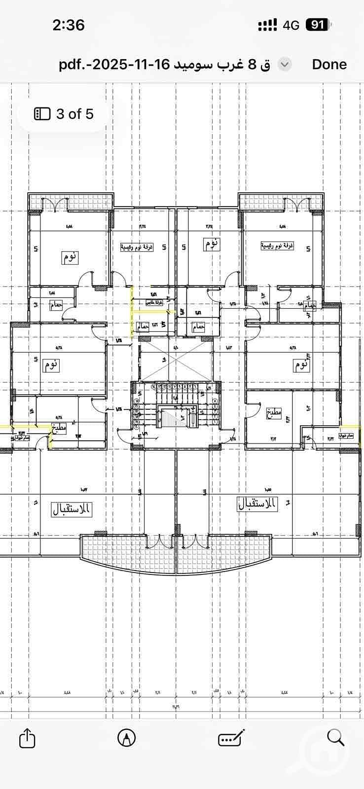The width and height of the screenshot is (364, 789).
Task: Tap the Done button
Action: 329,64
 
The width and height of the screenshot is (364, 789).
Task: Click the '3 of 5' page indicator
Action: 64,114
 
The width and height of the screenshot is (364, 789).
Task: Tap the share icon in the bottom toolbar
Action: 27,738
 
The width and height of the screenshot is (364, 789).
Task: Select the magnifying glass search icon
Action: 335,738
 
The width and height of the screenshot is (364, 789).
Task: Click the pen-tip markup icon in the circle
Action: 127,738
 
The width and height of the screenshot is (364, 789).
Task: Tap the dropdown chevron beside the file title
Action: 285,64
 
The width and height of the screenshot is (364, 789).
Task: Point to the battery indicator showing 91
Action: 318,25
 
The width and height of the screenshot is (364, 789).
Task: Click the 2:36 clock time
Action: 69,25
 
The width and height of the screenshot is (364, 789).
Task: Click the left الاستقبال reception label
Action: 72,509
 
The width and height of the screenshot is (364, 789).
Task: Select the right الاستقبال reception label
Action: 258,504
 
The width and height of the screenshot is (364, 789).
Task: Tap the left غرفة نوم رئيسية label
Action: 137,247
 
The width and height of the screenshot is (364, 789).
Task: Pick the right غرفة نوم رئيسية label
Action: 277,245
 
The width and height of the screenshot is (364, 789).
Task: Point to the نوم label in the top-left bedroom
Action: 70,257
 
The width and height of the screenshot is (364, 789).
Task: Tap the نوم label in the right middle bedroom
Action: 301,365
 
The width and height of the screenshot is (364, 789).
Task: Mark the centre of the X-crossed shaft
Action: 176,361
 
